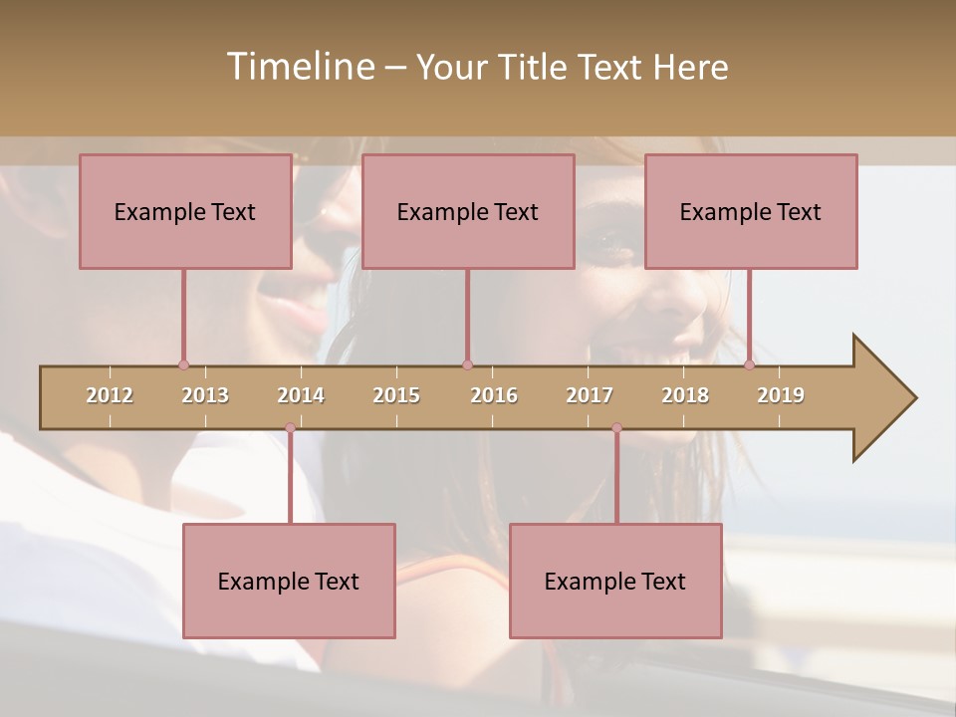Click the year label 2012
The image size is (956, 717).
click(110, 395)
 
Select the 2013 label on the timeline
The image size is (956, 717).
click(205, 395)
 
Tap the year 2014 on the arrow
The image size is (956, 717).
click(301, 395)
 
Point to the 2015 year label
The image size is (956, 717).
click(396, 395)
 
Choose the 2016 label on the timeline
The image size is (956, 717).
click(494, 395)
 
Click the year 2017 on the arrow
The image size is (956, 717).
click(590, 395)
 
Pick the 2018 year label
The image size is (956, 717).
click(685, 395)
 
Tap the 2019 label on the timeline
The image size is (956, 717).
click(781, 395)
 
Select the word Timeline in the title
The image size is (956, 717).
click(299, 67)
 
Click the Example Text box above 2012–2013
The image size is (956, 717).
click(185, 211)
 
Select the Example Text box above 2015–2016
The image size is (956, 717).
click(468, 211)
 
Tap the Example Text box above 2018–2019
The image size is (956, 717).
click(751, 211)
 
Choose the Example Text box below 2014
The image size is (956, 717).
click(289, 581)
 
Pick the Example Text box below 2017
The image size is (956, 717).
click(615, 581)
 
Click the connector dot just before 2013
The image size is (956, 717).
click(183, 364)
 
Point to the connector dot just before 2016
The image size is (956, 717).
click(467, 364)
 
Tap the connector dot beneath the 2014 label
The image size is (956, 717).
click(290, 428)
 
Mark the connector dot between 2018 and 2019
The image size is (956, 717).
click(749, 364)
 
